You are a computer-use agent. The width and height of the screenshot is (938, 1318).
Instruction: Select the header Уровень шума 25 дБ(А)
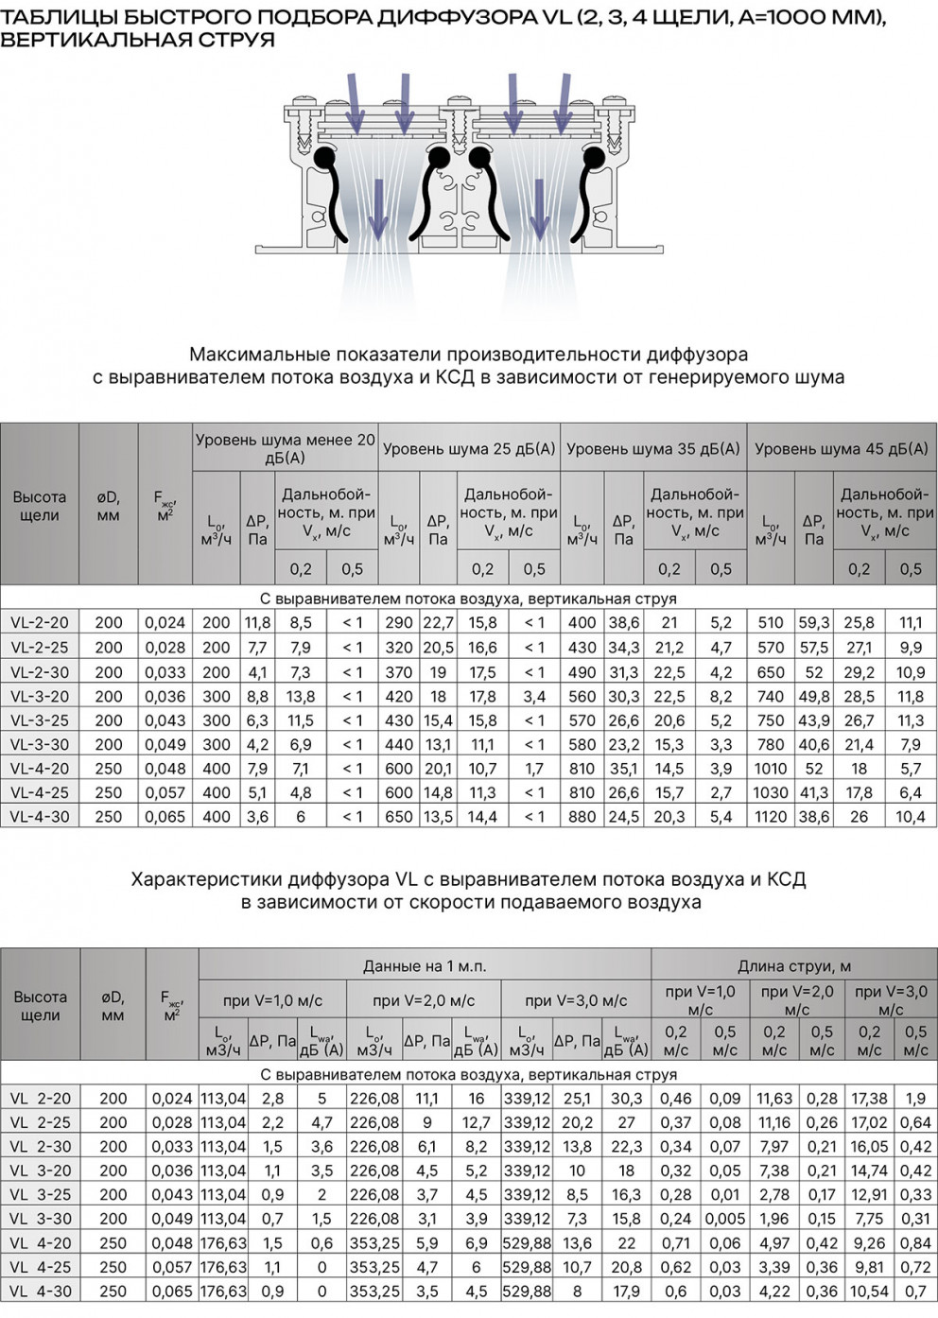click(469, 450)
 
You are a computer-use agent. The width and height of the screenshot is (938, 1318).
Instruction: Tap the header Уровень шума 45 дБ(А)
click(841, 450)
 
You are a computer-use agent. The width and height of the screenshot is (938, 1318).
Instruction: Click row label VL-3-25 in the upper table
click(40, 720)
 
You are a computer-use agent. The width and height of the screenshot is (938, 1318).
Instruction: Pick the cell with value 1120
click(771, 817)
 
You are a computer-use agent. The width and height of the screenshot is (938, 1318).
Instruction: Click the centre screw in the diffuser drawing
click(459, 122)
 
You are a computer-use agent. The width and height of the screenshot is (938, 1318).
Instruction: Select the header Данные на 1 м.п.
click(425, 966)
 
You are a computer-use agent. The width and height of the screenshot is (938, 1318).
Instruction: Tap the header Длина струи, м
click(794, 966)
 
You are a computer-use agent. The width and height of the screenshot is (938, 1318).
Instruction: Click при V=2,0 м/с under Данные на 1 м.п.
click(423, 1000)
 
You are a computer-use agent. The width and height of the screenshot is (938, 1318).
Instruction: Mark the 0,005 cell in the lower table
click(725, 1219)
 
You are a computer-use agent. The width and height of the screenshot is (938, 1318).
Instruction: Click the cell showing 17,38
click(869, 1099)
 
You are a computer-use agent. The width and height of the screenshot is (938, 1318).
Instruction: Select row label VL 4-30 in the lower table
click(41, 1292)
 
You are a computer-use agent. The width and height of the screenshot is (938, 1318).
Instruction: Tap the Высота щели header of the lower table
click(40, 1006)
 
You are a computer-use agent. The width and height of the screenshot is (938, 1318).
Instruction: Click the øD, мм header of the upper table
click(109, 506)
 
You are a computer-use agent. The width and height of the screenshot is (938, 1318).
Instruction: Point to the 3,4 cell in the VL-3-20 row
click(534, 697)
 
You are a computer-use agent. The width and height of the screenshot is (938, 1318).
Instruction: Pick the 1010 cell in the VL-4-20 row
click(771, 769)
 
